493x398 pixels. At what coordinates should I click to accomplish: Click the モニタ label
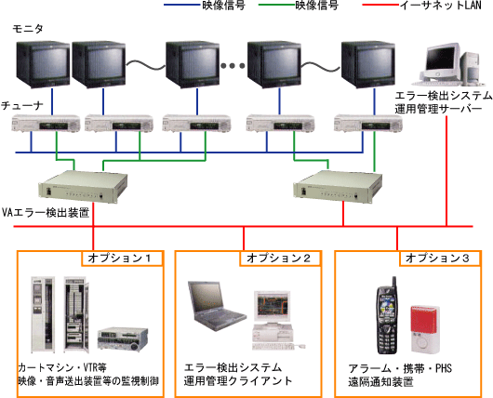28,29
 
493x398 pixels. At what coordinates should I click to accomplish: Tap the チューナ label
22,106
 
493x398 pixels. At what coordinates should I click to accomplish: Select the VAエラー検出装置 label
46,213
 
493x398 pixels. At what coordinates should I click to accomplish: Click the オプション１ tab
122,259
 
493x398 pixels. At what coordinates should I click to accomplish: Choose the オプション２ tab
281,259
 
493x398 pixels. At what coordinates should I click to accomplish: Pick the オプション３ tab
440,259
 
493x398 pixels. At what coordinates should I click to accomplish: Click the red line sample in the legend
380,5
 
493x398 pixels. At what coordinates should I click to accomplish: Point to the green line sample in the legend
276,5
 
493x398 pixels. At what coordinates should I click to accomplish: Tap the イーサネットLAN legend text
441,6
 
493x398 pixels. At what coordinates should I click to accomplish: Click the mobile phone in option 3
387,315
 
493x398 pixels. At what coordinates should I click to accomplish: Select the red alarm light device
425,328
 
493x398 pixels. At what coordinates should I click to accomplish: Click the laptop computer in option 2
217,306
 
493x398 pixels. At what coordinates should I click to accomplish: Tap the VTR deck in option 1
123,338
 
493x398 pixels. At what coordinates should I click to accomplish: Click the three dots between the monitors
233,66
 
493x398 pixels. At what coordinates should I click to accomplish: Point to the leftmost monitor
43,64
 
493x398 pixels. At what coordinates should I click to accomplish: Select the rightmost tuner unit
367,124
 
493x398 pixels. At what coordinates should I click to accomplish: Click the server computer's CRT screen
441,59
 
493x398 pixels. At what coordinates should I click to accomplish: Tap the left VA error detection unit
83,186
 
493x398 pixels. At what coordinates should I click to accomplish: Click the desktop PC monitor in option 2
273,306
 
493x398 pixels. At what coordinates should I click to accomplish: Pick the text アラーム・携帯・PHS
400,368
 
